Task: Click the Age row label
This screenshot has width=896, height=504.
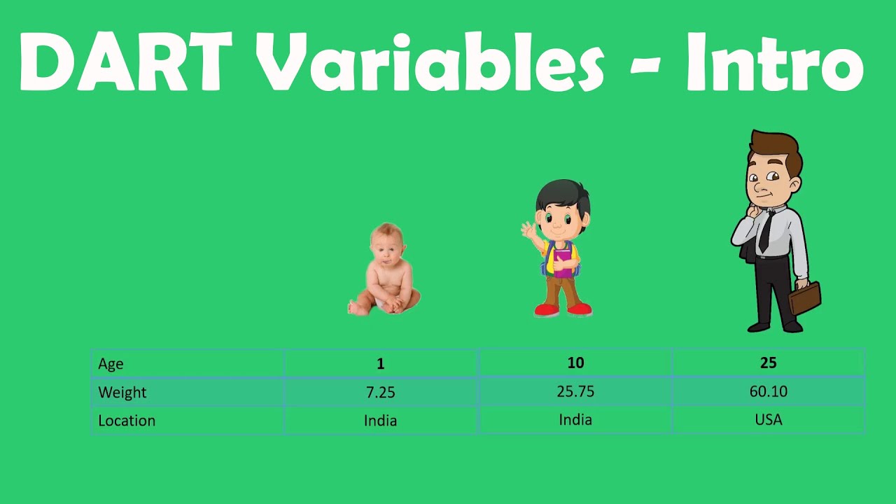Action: pos(111,364)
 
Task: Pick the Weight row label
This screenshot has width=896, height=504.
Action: pos(122,392)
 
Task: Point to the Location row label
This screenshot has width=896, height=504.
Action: pos(127,421)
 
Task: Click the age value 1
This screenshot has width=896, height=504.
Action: pos(380,363)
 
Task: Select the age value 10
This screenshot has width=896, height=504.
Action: pos(575,363)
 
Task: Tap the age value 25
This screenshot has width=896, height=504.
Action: pos(769,363)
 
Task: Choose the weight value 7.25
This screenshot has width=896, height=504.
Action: pos(380,393)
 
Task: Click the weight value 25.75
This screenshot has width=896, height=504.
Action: pos(575,391)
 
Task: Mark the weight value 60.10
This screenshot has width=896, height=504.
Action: pos(769,391)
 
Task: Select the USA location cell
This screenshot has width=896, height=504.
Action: pos(769,419)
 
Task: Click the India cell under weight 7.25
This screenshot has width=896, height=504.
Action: pos(380,421)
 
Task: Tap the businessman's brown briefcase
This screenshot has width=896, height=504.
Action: pos(805,298)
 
